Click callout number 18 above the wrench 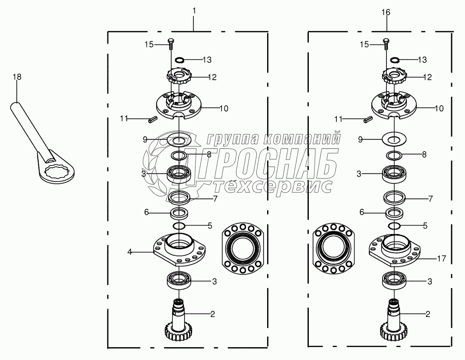tap(17, 77)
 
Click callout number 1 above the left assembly tap(194, 11)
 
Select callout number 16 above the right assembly tap(386, 12)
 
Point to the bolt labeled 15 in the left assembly tap(170, 44)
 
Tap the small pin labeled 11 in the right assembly tap(368, 119)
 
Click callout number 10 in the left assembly tap(224, 109)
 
